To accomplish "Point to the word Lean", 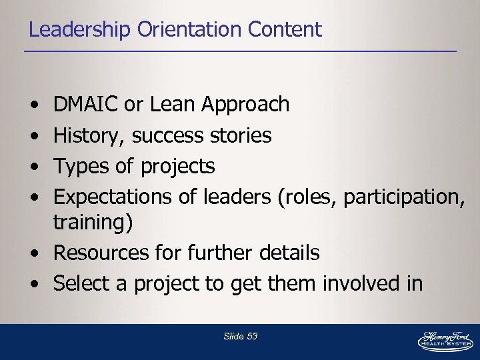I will tap(173, 105).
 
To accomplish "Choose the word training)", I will tap(93, 223).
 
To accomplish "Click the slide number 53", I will tap(251, 337).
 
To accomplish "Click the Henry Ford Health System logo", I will tap(445, 339).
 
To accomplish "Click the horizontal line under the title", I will tap(240, 51).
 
